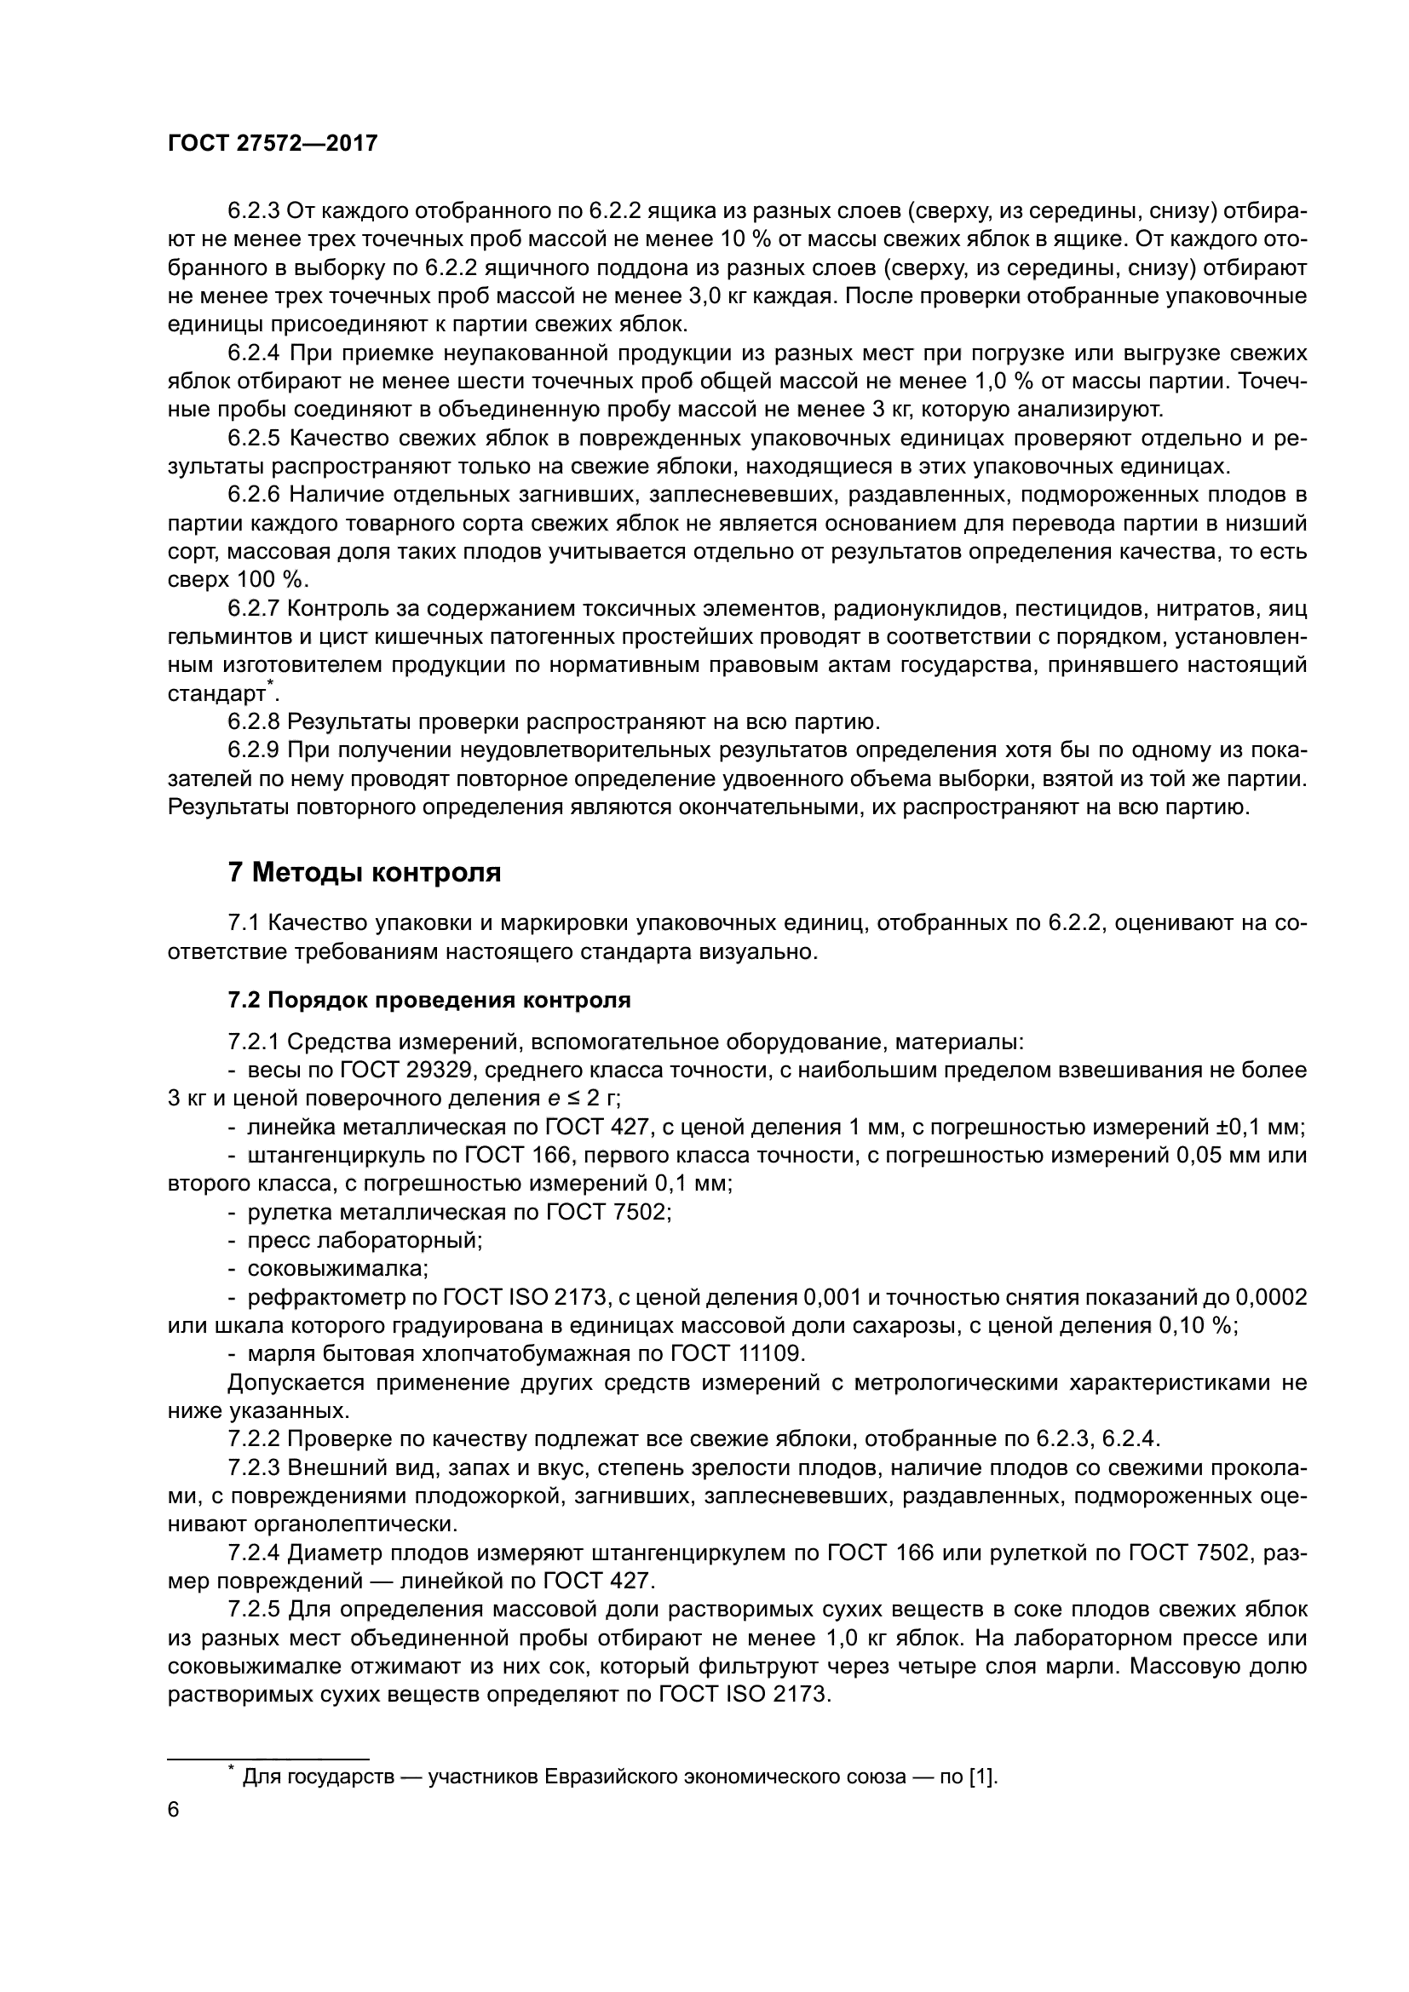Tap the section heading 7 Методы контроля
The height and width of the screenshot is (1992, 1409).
(x=365, y=872)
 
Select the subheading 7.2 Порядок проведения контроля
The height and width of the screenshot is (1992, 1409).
(x=428, y=1001)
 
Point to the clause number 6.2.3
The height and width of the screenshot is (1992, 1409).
(x=253, y=211)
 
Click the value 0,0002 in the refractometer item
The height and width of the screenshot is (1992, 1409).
(x=1270, y=1297)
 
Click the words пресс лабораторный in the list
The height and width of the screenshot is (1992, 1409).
(x=364, y=1241)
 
